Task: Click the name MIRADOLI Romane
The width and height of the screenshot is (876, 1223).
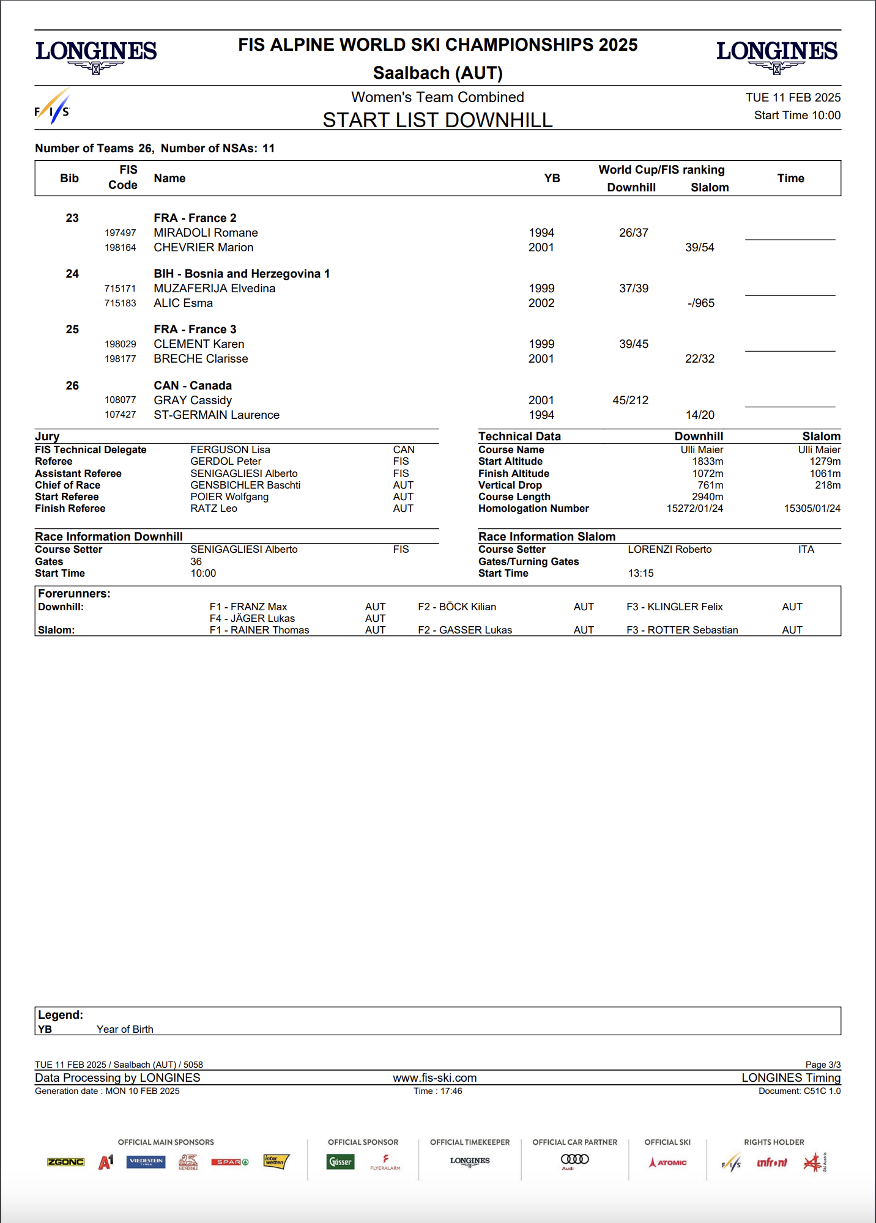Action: click(x=206, y=233)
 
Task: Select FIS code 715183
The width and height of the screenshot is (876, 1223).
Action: click(x=120, y=303)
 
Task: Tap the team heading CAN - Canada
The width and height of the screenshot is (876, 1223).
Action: click(x=193, y=386)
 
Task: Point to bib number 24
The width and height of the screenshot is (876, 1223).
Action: click(x=72, y=274)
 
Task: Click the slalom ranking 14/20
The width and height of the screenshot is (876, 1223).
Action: click(x=700, y=415)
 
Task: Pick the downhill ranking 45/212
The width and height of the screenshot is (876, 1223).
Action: click(x=630, y=401)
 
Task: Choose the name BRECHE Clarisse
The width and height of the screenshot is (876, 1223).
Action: click(x=201, y=359)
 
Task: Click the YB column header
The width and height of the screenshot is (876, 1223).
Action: click(x=552, y=179)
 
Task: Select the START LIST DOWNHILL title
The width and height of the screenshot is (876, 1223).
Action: click(x=437, y=120)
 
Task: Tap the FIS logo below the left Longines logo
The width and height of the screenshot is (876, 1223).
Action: click(x=53, y=108)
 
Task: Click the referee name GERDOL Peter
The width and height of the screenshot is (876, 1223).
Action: click(x=226, y=462)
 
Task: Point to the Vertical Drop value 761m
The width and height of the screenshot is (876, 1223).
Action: click(x=710, y=486)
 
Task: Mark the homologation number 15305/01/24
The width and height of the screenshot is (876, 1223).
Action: click(x=812, y=509)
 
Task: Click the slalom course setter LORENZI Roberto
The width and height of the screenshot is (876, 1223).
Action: click(x=669, y=550)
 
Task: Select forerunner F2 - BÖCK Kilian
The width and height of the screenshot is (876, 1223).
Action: click(x=457, y=607)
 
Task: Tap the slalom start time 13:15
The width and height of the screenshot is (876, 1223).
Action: click(x=640, y=574)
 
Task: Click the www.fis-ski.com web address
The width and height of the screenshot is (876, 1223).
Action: click(x=434, y=1078)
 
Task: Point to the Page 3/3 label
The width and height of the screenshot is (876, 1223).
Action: click(x=823, y=1065)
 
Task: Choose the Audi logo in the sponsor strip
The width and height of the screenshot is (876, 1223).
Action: click(x=574, y=1160)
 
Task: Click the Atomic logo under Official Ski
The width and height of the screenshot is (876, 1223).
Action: click(x=667, y=1162)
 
